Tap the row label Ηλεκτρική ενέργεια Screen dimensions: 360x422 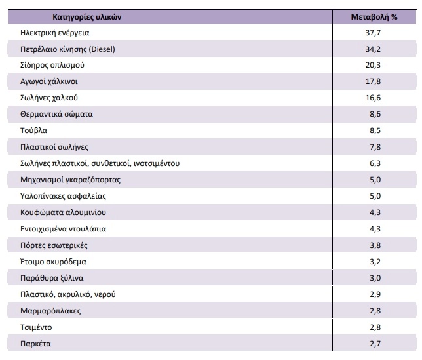(55, 32)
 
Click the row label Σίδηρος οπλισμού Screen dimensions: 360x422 (53, 65)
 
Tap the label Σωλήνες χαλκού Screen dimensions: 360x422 (50, 98)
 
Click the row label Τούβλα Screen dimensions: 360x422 (34, 130)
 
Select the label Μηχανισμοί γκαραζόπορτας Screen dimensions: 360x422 (71, 180)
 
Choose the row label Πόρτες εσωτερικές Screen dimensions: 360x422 (54, 245)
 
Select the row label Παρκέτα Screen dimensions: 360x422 (36, 344)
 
